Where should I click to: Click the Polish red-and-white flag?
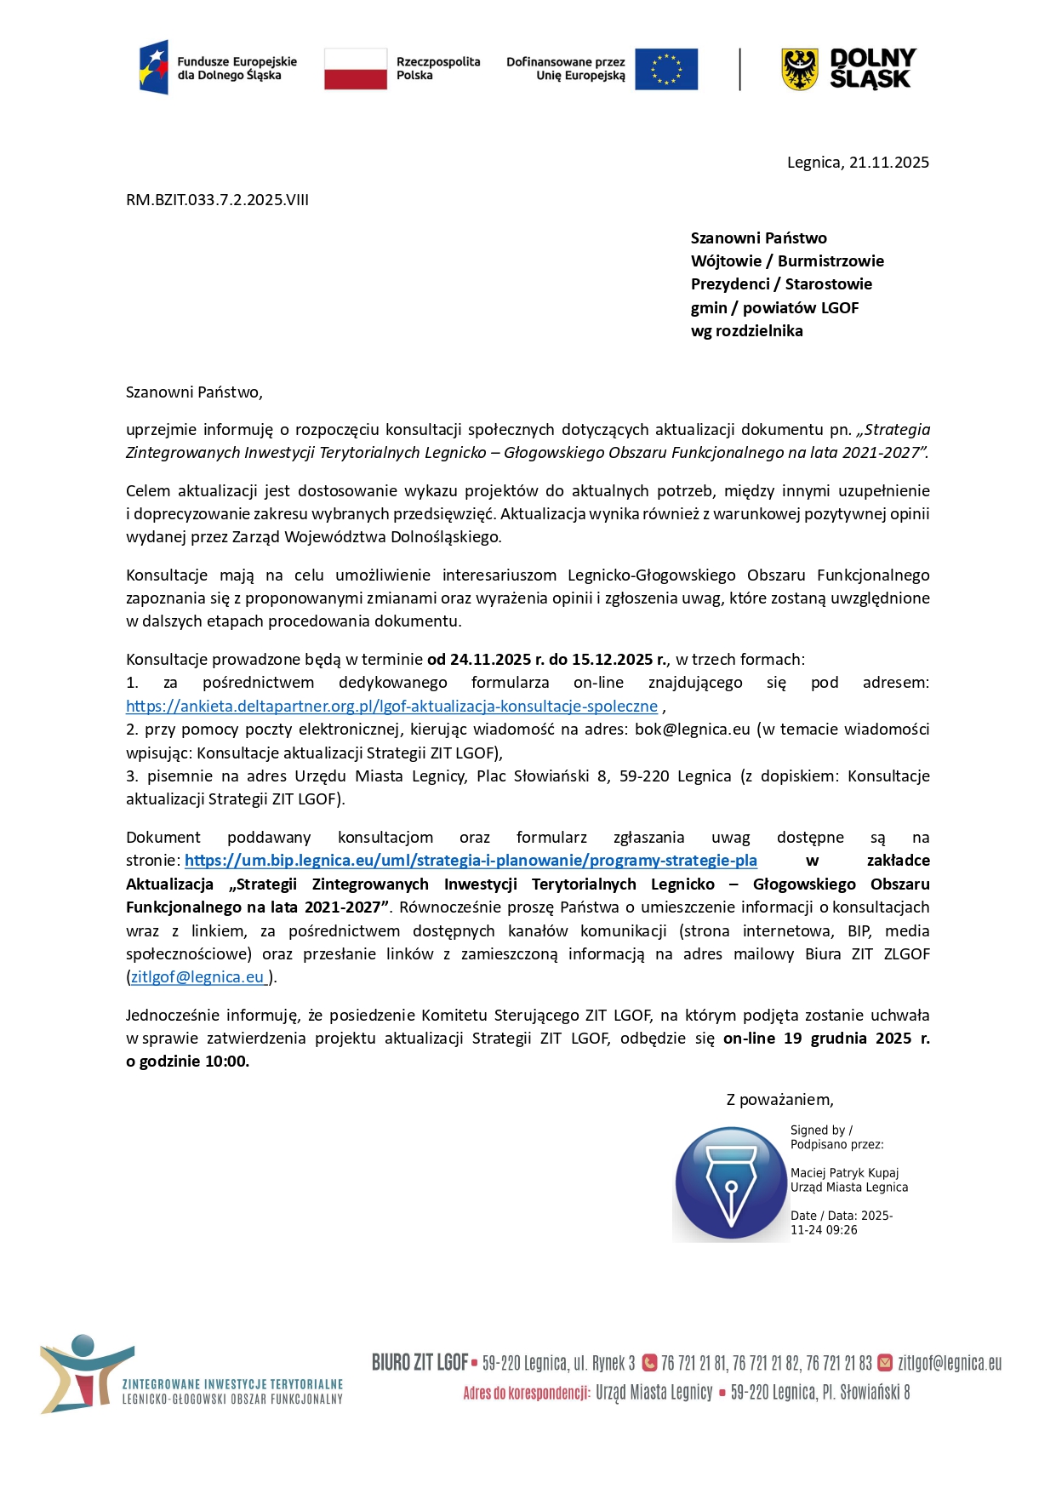point(356,68)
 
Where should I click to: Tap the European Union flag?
point(665,69)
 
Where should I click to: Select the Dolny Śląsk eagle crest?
point(799,69)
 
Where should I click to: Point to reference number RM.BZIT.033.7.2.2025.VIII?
point(217,200)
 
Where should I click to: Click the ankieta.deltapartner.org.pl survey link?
point(391,707)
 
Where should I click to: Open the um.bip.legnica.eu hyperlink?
point(471,861)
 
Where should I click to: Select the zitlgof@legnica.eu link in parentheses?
point(199,977)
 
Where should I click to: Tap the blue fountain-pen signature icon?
point(731,1183)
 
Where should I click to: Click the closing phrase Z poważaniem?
point(779,1100)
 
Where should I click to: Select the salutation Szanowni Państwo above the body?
point(194,392)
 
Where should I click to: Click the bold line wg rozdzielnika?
point(746,331)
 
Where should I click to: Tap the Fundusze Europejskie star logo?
point(154,67)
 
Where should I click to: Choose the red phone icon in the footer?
point(649,1362)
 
